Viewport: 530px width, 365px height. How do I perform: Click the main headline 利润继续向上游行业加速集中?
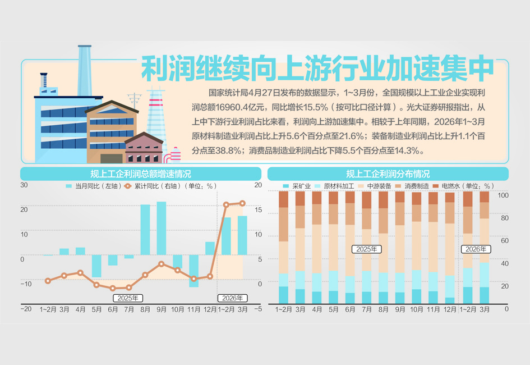pyautogui.click(x=317, y=69)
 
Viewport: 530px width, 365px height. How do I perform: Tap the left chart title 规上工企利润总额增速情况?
pyautogui.click(x=140, y=174)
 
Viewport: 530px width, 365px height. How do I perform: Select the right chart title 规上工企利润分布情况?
pyautogui.click(x=388, y=174)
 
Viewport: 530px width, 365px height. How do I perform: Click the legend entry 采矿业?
pyautogui.click(x=298, y=186)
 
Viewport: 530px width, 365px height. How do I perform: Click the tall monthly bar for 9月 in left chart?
pyautogui.click(x=162, y=228)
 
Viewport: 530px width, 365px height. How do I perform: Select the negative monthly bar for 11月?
pyautogui.click(x=193, y=271)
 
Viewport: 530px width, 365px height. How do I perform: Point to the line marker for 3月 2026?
pyautogui.click(x=242, y=203)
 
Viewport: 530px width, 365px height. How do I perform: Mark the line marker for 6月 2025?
pyautogui.click(x=113, y=288)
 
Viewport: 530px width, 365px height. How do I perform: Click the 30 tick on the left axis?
pyautogui.click(x=24, y=185)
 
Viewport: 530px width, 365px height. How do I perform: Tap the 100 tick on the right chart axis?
pyautogui.click(x=503, y=195)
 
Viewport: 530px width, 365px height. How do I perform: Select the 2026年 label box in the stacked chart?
pyautogui.click(x=475, y=249)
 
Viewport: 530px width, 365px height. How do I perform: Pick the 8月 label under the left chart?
pyautogui.click(x=145, y=309)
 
